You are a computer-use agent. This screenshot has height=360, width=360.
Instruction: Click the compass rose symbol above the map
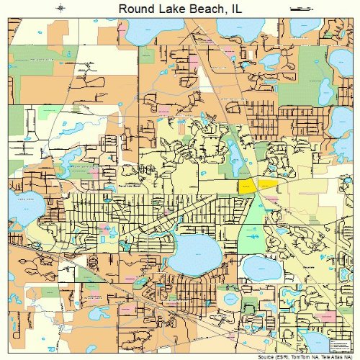coord(60,8)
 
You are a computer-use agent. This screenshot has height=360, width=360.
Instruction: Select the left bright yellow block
coord(247,186)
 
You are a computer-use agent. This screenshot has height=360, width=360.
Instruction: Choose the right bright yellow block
coord(268,185)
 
